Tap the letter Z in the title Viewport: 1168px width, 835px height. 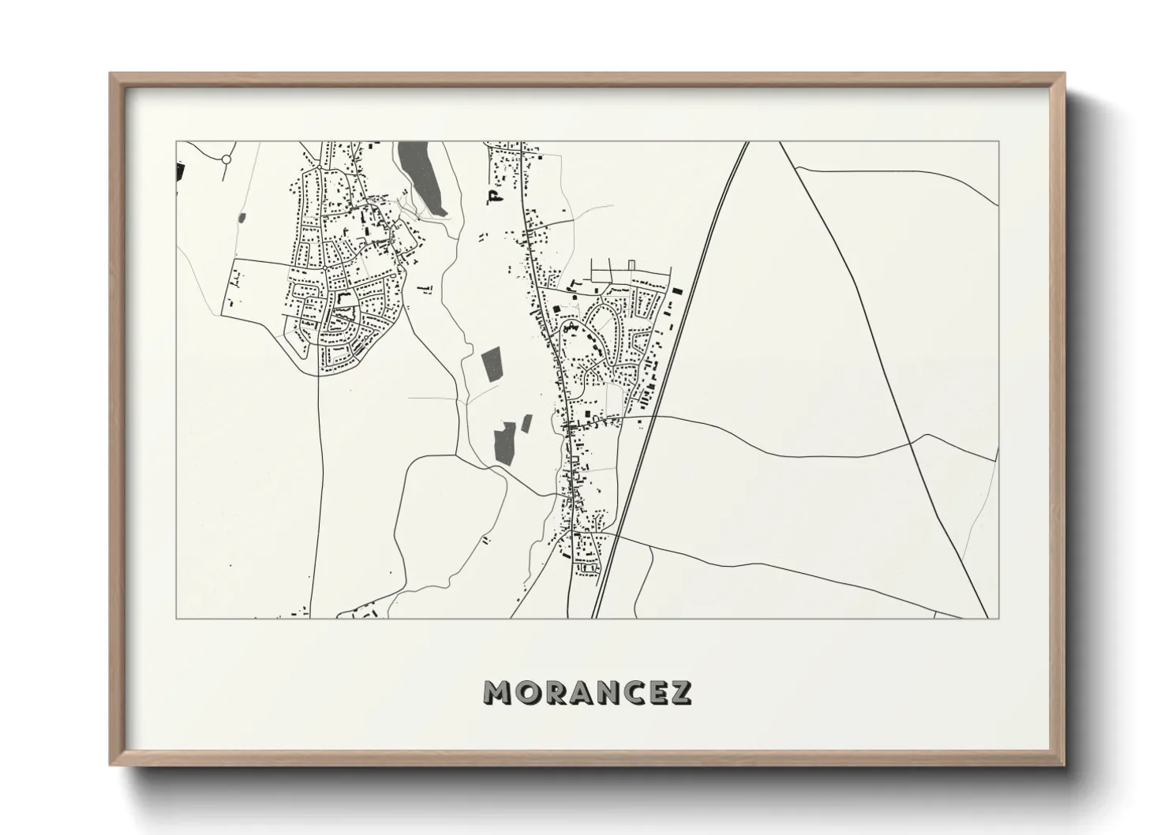click(x=680, y=692)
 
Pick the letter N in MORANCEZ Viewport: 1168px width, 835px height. click(x=606, y=692)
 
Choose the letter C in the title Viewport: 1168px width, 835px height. click(x=632, y=692)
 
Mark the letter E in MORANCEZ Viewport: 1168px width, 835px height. click(x=657, y=692)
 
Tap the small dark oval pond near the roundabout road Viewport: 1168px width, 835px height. click(x=241, y=217)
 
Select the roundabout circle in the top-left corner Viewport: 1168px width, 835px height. click(x=226, y=159)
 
